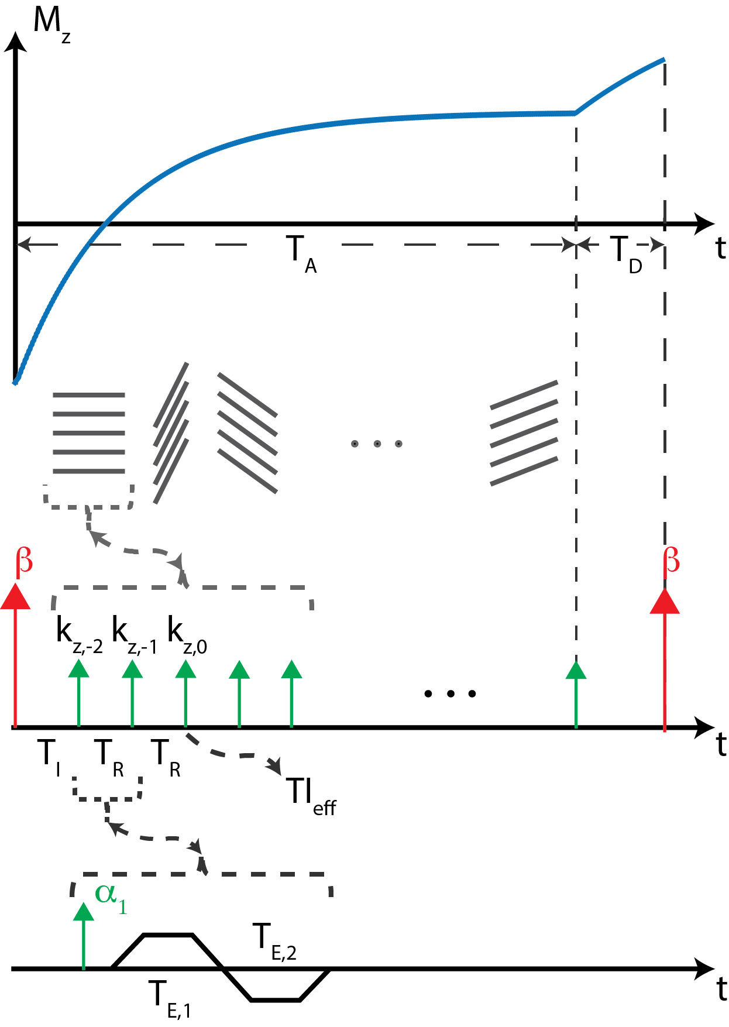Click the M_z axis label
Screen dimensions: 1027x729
coord(51,23)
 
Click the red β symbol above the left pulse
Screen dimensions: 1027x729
coord(24,561)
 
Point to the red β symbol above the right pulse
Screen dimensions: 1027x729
coord(672,561)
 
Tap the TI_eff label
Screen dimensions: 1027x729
coord(311,796)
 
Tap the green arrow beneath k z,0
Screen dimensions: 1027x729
coord(185,693)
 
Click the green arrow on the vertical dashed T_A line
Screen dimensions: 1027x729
coord(576,693)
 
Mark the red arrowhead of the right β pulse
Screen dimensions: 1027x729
coord(665,602)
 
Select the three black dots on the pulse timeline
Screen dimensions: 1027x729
coord(450,693)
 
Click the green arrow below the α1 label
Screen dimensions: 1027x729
coord(84,936)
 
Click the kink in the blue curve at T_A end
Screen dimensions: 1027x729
coord(575,113)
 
